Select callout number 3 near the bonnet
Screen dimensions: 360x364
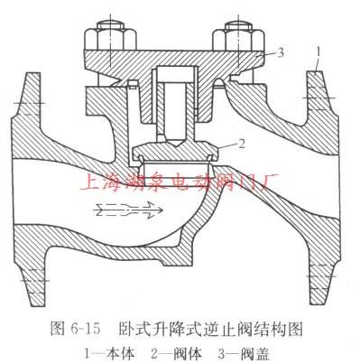283,54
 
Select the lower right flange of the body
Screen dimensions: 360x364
321,271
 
